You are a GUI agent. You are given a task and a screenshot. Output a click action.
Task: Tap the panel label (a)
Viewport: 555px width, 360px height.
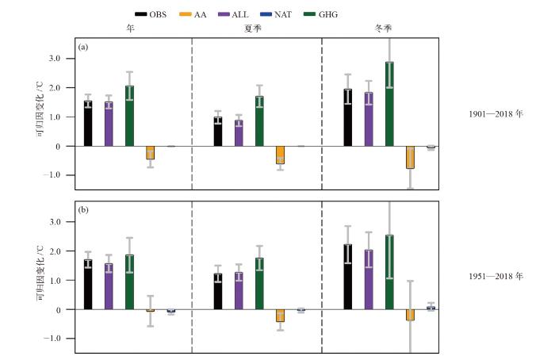coord(83,48)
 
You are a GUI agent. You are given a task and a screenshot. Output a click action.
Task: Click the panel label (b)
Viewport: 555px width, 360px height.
coord(83,211)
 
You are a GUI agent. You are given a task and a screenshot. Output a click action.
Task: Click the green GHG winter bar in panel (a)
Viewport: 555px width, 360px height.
coord(389,104)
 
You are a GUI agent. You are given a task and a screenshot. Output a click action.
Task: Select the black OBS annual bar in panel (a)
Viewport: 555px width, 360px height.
coord(88,124)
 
